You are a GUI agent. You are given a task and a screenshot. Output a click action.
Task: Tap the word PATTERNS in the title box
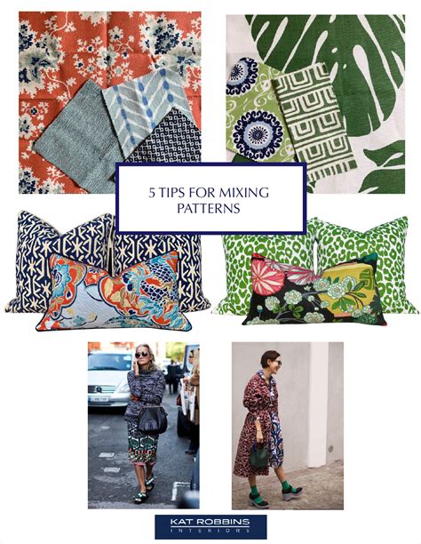209,209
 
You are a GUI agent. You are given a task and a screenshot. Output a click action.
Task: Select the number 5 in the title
152,193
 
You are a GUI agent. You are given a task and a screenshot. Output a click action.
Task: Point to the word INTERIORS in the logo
210,531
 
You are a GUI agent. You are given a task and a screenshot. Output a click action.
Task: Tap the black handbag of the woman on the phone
152,420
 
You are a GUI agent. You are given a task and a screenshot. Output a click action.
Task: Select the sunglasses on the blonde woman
141,355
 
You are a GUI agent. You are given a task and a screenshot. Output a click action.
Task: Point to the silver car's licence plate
99,398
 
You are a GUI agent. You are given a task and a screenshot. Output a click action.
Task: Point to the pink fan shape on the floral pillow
268,276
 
